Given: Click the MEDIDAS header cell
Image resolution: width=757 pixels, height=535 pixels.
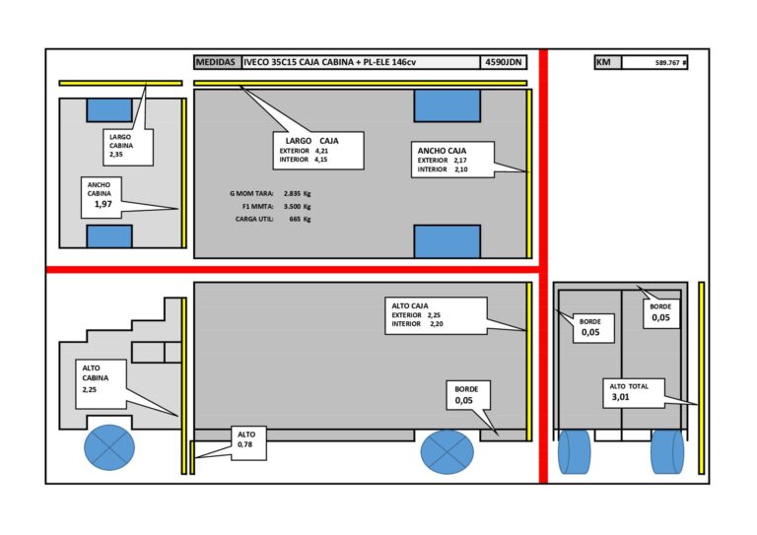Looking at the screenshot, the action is (217, 62).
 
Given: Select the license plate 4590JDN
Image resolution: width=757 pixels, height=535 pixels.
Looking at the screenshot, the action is (503, 62).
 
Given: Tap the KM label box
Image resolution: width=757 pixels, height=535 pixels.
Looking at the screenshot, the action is (608, 62).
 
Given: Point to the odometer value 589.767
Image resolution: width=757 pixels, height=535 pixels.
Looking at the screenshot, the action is (667, 63).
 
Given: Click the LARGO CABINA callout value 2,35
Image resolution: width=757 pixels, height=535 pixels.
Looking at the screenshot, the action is (116, 155).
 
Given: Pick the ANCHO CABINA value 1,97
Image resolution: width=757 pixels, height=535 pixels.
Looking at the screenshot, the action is (103, 204).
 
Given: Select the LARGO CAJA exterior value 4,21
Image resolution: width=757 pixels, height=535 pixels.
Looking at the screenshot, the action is (321, 151).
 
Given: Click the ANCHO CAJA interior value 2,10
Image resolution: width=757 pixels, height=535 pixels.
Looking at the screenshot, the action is (460, 169).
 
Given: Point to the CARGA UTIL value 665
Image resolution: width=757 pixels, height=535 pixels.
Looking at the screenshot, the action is (295, 219).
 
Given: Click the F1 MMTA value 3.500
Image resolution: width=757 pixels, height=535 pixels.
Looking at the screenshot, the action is (292, 207).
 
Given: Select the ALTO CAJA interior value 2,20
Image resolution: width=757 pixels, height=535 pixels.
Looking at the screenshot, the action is (436, 324).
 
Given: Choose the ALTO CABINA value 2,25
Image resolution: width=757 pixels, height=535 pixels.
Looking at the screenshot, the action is (90, 390).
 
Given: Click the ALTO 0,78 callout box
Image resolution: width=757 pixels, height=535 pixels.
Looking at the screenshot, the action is (248, 442).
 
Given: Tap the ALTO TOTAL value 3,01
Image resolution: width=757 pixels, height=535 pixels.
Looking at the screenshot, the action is (620, 397).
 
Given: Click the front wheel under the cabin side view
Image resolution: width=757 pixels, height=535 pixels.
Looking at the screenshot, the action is (109, 447).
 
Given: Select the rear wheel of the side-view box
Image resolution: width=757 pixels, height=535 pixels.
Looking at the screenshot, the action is (447, 451).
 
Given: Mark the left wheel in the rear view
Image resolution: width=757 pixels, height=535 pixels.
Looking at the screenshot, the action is (574, 451).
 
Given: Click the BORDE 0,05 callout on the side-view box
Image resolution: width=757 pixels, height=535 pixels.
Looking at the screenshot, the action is (466, 395).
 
